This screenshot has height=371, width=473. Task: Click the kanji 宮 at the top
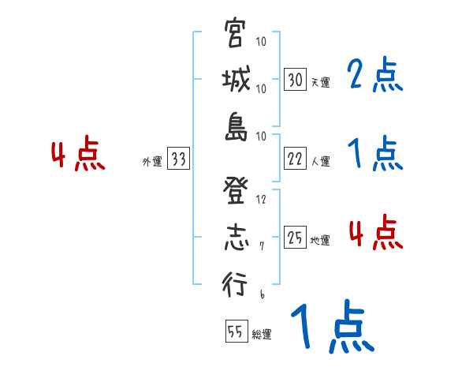[x=236, y=34]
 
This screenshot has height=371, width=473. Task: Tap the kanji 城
[x=236, y=81]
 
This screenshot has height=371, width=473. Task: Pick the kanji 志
[x=236, y=238]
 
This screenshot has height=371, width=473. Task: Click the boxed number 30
[x=295, y=80]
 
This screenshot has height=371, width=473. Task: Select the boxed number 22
[x=295, y=159]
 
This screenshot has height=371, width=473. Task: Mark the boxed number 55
[x=236, y=332]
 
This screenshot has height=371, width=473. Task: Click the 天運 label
[x=321, y=82]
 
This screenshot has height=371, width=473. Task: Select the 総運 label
[x=261, y=334]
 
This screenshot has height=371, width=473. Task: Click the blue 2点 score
[x=374, y=76]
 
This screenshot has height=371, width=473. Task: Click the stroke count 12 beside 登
[x=262, y=199]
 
